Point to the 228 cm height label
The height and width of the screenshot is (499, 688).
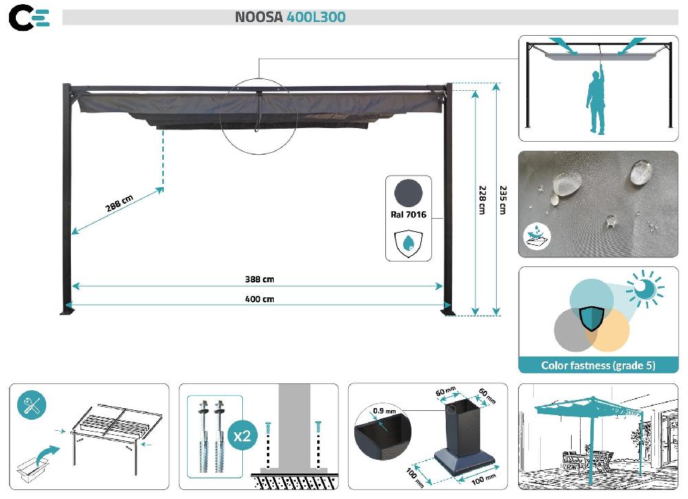(482, 199)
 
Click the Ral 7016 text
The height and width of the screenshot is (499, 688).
(408, 214)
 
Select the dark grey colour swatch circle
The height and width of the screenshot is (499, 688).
(408, 192)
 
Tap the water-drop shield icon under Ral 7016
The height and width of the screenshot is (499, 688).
(408, 243)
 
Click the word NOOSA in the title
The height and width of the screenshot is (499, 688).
(259, 17)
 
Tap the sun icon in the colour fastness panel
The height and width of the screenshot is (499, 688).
(646, 290)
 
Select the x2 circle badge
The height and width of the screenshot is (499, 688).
(241, 436)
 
